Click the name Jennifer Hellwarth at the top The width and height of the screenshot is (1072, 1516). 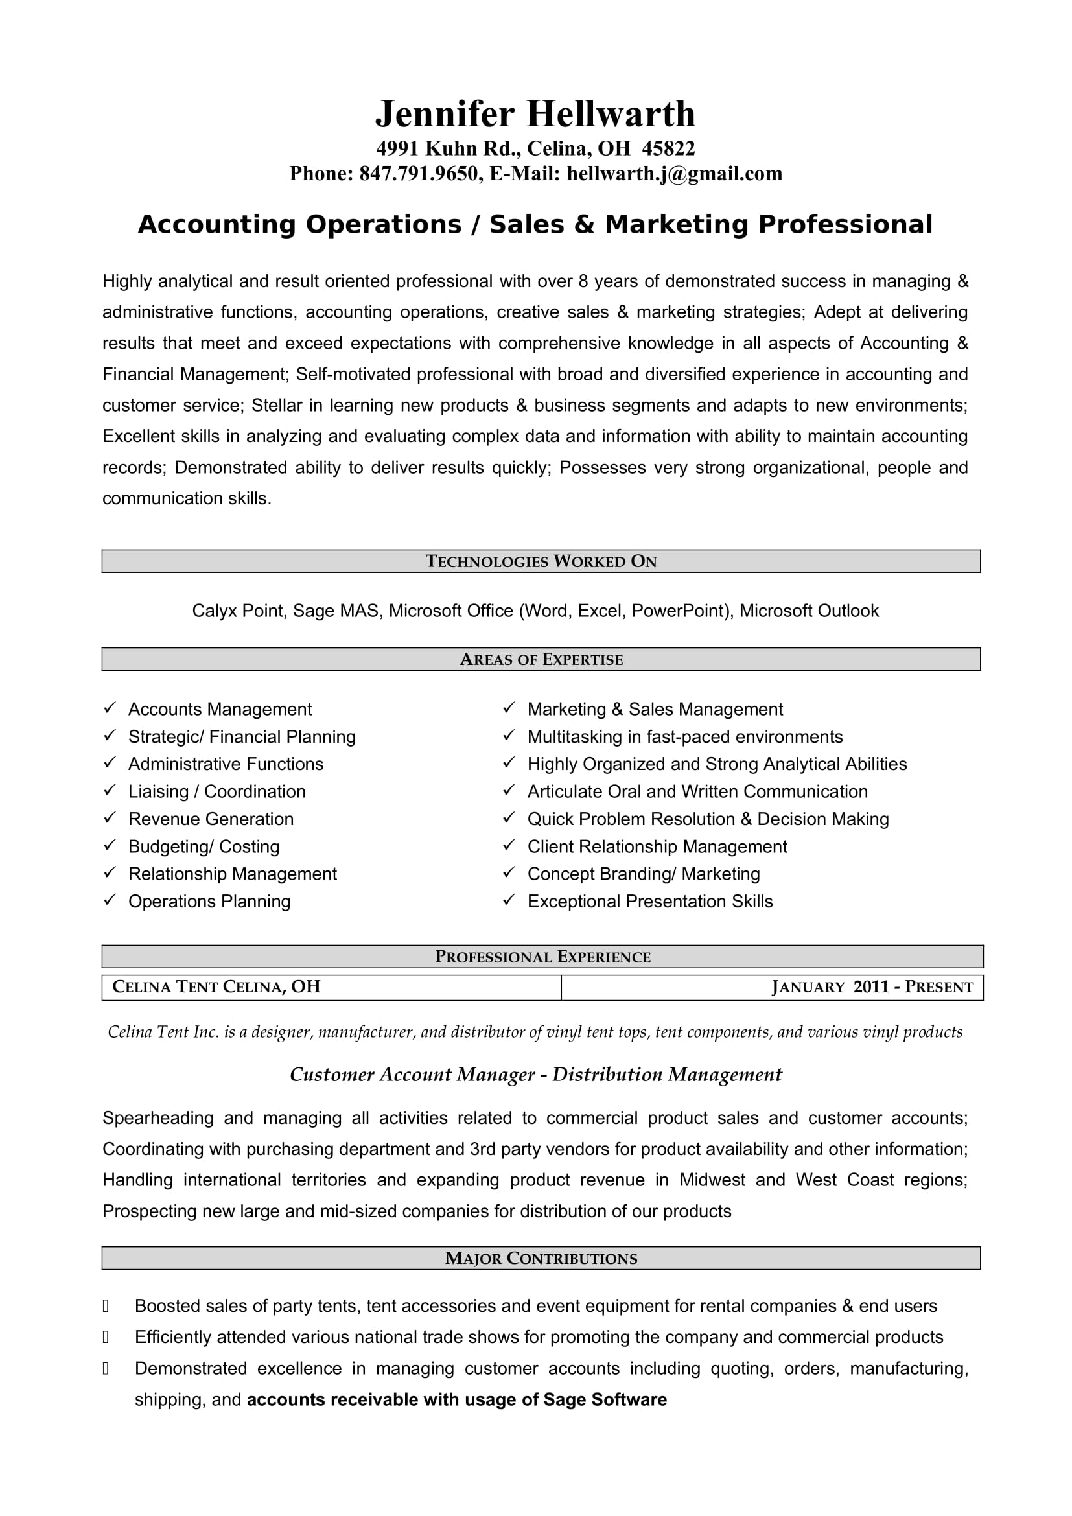coord(535,114)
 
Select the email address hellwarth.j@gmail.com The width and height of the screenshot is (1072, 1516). coord(674,174)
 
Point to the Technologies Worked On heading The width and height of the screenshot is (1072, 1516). coord(541,561)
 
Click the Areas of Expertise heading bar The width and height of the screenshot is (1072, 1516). coord(541,659)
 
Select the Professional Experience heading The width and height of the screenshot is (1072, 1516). coord(542,957)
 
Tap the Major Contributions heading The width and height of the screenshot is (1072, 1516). coord(541,1259)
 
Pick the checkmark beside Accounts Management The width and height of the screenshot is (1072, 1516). coord(110,708)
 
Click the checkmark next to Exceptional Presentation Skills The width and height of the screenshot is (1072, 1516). coord(508,900)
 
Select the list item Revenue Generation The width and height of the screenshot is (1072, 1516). coord(211,819)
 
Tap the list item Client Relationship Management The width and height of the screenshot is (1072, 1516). coord(657,846)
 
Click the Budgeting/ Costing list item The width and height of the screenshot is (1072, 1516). coord(204,846)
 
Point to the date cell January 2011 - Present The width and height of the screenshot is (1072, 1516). coord(871,987)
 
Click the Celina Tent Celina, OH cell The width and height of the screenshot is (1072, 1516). coord(216,987)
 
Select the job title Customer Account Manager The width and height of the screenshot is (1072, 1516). coord(412,1075)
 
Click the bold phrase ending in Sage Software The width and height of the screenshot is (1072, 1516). coord(456,1400)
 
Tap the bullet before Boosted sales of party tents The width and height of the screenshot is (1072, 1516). coord(106,1306)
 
